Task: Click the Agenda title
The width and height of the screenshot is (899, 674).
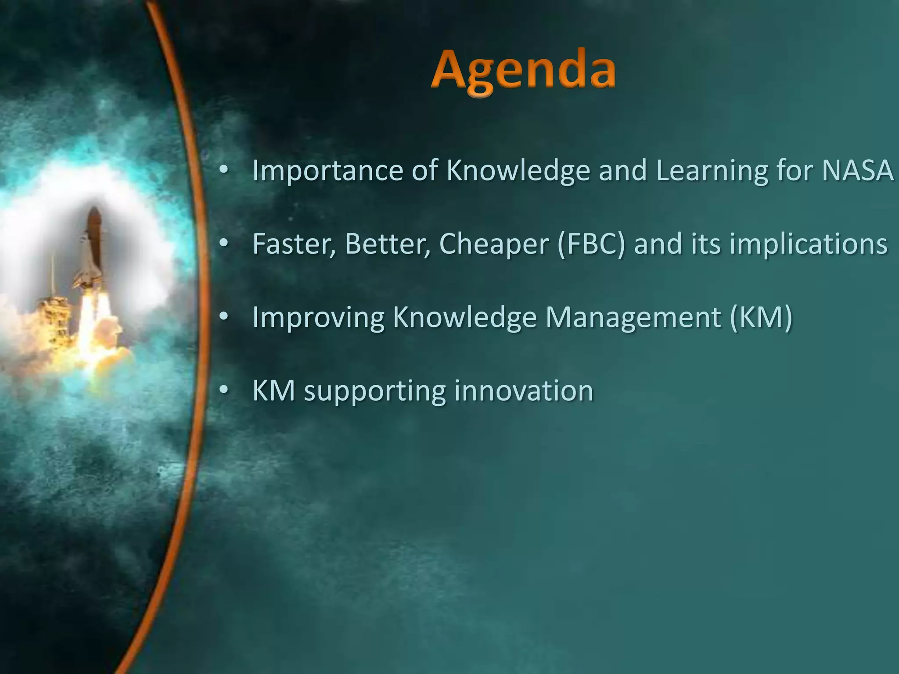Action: [x=523, y=72]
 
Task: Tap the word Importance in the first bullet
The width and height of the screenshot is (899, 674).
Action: [x=327, y=170]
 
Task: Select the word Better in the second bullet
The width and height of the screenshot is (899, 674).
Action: [x=386, y=244]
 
